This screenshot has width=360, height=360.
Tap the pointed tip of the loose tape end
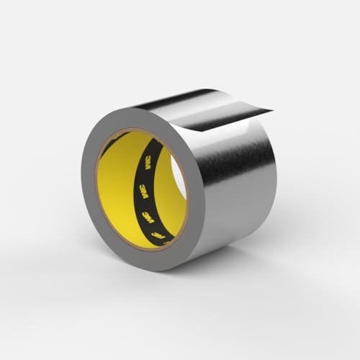272,110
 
